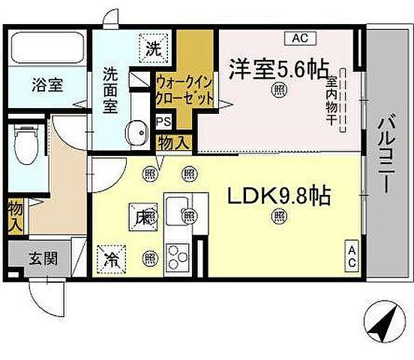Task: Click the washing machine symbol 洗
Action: coord(153,49)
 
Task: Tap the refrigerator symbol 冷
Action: coord(112,259)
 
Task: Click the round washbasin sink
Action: coord(136,133)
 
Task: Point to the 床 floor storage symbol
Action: coord(139,217)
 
